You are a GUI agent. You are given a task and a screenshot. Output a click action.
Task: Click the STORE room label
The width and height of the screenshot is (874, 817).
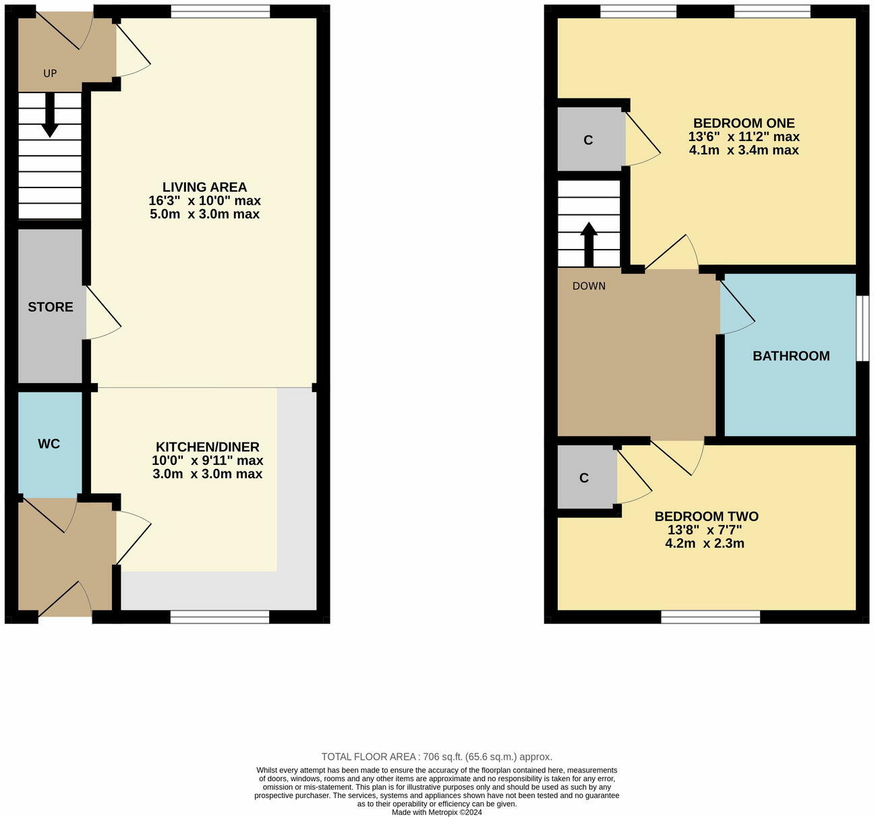click(x=51, y=307)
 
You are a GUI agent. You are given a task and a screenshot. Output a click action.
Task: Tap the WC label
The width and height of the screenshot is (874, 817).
click(x=49, y=444)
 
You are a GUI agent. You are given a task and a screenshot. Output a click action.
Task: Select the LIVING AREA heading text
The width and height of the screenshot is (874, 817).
click(x=204, y=187)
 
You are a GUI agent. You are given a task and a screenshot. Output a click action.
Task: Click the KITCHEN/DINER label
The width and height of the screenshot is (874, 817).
click(x=207, y=447)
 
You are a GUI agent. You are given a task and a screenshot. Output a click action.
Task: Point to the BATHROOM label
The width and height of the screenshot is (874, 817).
click(x=791, y=356)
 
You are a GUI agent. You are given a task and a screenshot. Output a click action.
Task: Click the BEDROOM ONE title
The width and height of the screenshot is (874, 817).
click(x=744, y=123)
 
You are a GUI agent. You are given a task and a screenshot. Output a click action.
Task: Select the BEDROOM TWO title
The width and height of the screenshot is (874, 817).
click(x=706, y=517)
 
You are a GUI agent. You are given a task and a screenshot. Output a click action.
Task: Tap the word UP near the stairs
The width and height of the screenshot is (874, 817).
click(x=50, y=74)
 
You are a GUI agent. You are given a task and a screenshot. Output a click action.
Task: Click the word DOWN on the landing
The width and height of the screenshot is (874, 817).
click(x=589, y=286)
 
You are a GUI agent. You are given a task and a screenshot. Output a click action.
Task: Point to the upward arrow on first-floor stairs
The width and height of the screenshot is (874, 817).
click(x=589, y=243)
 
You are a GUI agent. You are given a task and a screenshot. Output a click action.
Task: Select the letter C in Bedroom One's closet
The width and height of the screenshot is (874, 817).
click(x=588, y=140)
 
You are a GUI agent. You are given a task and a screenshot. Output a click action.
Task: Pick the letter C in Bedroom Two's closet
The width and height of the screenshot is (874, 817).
click(x=584, y=478)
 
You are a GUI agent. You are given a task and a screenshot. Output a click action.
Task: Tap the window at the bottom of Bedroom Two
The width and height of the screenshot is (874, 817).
click(x=710, y=617)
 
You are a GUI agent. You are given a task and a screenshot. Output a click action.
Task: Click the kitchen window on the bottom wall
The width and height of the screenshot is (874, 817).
click(x=220, y=617)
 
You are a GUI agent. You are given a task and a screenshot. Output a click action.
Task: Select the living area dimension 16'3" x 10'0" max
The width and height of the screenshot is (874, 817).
click(x=204, y=201)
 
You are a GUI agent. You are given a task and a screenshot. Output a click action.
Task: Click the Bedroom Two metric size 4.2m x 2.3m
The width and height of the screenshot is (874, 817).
click(x=704, y=544)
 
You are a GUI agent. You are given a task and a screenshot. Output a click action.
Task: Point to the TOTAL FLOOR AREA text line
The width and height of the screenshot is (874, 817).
click(x=436, y=757)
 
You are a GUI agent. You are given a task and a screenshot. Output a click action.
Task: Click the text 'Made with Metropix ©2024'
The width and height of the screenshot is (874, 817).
click(x=436, y=812)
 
